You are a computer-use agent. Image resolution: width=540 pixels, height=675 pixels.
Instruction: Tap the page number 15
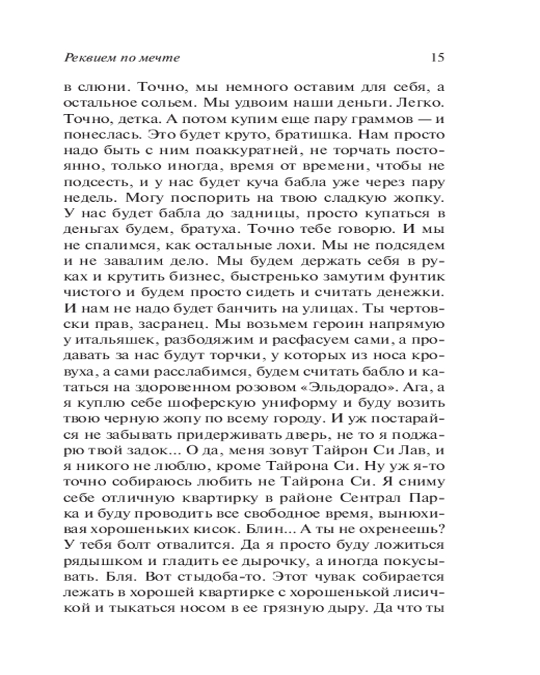pyautogui.click(x=435, y=57)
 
